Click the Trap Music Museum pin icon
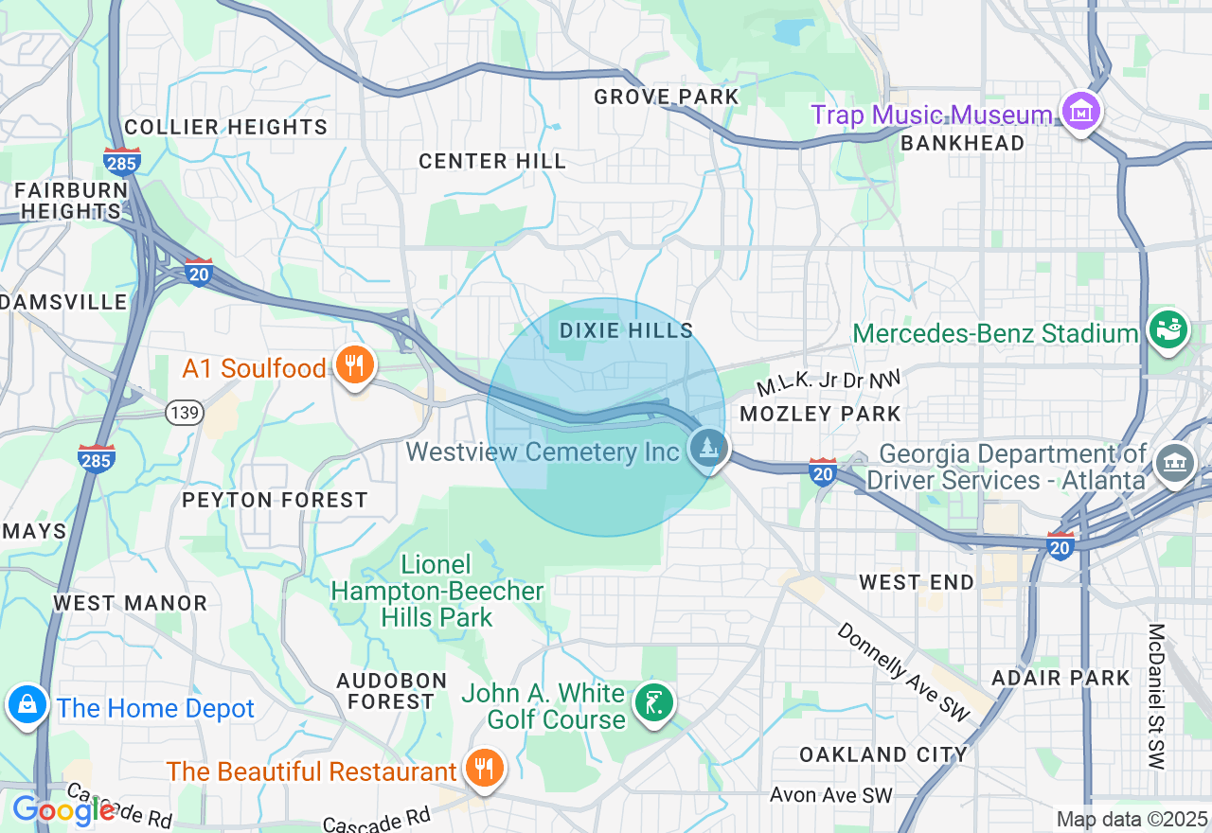pos(1080,113)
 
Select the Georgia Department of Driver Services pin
pos(1176,463)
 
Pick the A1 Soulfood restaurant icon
pos(355,365)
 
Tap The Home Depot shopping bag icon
pos(27,705)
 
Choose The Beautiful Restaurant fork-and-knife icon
pos(484,769)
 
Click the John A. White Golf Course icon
pos(653,703)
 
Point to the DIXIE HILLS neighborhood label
pos(626,330)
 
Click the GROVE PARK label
pos(666,97)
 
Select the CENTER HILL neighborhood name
pos(492,161)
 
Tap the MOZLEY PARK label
pos(820,414)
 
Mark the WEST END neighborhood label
pos(917,582)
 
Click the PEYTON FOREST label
pos(275,500)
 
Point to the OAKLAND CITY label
pos(882,754)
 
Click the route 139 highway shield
pos(181,412)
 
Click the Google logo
pos(63,810)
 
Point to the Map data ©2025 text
pos(1132,819)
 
